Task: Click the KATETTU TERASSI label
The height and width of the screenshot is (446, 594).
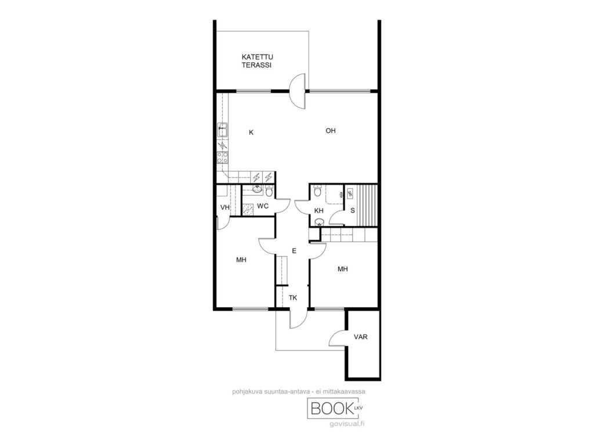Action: pyautogui.click(x=257, y=61)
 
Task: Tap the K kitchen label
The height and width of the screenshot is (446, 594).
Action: pyautogui.click(x=251, y=132)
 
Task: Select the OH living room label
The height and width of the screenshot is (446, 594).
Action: pyautogui.click(x=331, y=131)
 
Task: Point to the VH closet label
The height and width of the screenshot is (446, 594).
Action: pyautogui.click(x=225, y=207)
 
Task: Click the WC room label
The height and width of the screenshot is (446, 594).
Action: pyautogui.click(x=263, y=206)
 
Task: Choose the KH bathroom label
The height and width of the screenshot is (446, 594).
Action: pyautogui.click(x=319, y=211)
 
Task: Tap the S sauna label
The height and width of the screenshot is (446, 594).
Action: pyautogui.click(x=353, y=210)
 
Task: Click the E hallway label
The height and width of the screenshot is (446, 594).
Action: pyautogui.click(x=294, y=251)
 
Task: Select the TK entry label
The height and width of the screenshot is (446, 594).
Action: pyautogui.click(x=293, y=298)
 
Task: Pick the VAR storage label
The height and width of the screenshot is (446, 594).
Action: pyautogui.click(x=361, y=337)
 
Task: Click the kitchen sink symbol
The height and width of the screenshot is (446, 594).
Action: pyautogui.click(x=222, y=130)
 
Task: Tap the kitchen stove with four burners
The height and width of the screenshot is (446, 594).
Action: pyautogui.click(x=222, y=157)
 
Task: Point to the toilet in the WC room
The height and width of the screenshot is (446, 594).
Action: pyautogui.click(x=269, y=191)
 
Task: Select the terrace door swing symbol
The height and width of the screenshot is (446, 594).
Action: pyautogui.click(x=298, y=91)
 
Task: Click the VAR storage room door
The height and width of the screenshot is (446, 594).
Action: pyautogui.click(x=337, y=337)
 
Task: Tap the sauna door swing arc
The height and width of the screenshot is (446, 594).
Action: pyautogui.click(x=336, y=218)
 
